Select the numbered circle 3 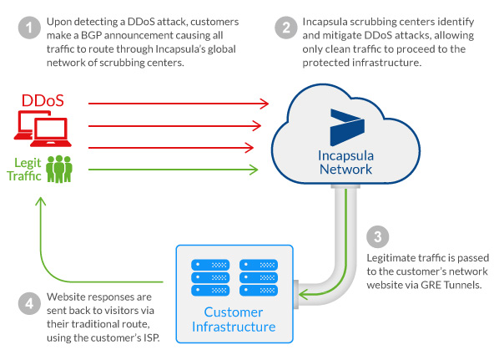[378, 237]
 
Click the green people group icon [61, 169]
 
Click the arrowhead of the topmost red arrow [265, 104]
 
